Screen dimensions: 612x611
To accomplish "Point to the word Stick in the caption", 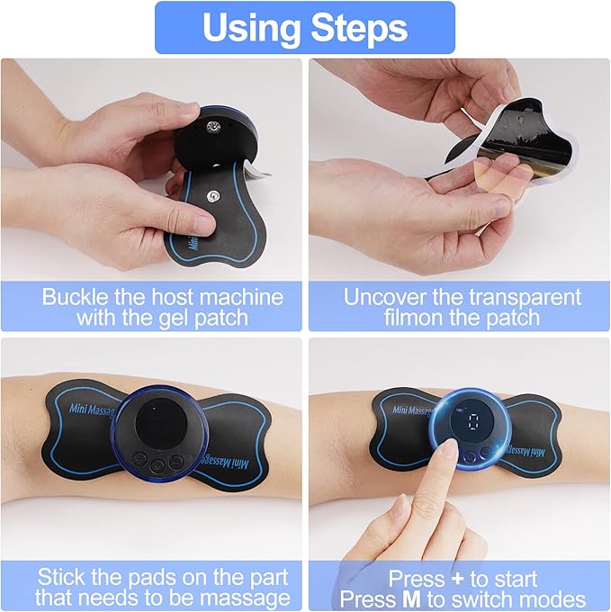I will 60,577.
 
